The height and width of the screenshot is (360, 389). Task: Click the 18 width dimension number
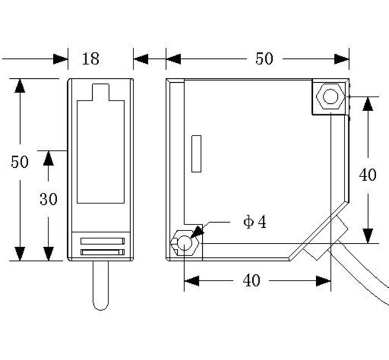(91, 58)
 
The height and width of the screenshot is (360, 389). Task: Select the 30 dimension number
(48, 199)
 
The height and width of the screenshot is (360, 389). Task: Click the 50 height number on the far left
(19, 162)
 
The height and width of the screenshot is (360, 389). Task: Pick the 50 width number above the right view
(264, 58)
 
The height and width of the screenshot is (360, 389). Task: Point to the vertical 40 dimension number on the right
(367, 175)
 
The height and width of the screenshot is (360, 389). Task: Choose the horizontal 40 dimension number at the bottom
(251, 281)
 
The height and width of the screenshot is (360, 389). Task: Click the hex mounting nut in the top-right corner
(330, 97)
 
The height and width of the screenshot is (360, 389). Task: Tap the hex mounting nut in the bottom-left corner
(184, 243)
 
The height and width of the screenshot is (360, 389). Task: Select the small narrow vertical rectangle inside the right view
(195, 153)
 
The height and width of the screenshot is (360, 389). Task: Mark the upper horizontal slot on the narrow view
(102, 241)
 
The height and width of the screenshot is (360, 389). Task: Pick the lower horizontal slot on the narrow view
(102, 252)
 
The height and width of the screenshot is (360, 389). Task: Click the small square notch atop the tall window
(100, 92)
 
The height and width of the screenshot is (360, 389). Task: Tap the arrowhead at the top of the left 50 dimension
(20, 86)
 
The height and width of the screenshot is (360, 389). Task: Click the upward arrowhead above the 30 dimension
(48, 158)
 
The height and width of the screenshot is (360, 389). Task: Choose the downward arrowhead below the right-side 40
(367, 236)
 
